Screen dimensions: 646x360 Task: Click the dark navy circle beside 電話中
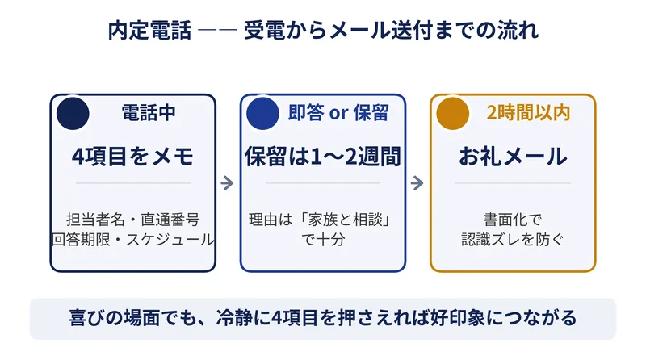[x=73, y=113]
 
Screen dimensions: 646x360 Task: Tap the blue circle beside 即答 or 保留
[x=263, y=113]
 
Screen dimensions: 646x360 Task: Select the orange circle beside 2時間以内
[x=453, y=113]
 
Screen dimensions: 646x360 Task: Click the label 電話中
[x=149, y=112]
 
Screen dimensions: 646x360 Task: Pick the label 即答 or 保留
[x=338, y=112]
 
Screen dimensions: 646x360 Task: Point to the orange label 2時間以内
[x=528, y=112]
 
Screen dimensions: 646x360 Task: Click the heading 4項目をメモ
[x=132, y=157]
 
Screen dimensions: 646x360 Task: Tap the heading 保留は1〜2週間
[x=322, y=157]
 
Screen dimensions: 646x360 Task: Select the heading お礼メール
[x=513, y=157]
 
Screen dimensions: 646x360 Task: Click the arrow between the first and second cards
[x=228, y=183]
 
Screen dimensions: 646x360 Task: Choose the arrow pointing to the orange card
[x=417, y=183]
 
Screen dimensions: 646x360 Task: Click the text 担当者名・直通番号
[x=132, y=220]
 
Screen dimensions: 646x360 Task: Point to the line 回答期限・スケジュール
[x=132, y=239]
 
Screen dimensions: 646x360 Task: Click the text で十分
[x=322, y=239]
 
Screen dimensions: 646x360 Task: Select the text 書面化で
[x=513, y=220]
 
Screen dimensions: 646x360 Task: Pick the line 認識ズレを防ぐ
[x=513, y=239]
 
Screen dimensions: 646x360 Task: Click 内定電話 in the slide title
[x=150, y=31]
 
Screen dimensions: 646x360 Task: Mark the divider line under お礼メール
[x=513, y=183]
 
